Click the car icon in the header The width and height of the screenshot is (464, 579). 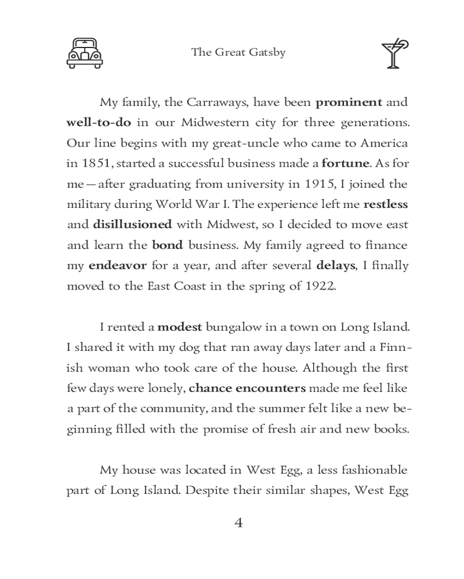point(85,53)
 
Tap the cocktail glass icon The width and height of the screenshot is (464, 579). point(394,54)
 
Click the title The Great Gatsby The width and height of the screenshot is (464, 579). point(238,53)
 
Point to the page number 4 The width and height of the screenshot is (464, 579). point(238,523)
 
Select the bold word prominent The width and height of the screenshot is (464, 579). point(349,102)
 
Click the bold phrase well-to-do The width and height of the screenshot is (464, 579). point(99,123)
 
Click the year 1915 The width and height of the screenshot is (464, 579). point(319,184)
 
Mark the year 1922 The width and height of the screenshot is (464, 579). point(320,286)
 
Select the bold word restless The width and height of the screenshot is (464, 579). point(386,204)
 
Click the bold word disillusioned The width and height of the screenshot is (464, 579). point(132,225)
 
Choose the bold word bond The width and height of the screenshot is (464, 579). point(167,245)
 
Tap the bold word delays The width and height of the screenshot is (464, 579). point(335,266)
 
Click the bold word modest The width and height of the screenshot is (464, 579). point(179,327)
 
